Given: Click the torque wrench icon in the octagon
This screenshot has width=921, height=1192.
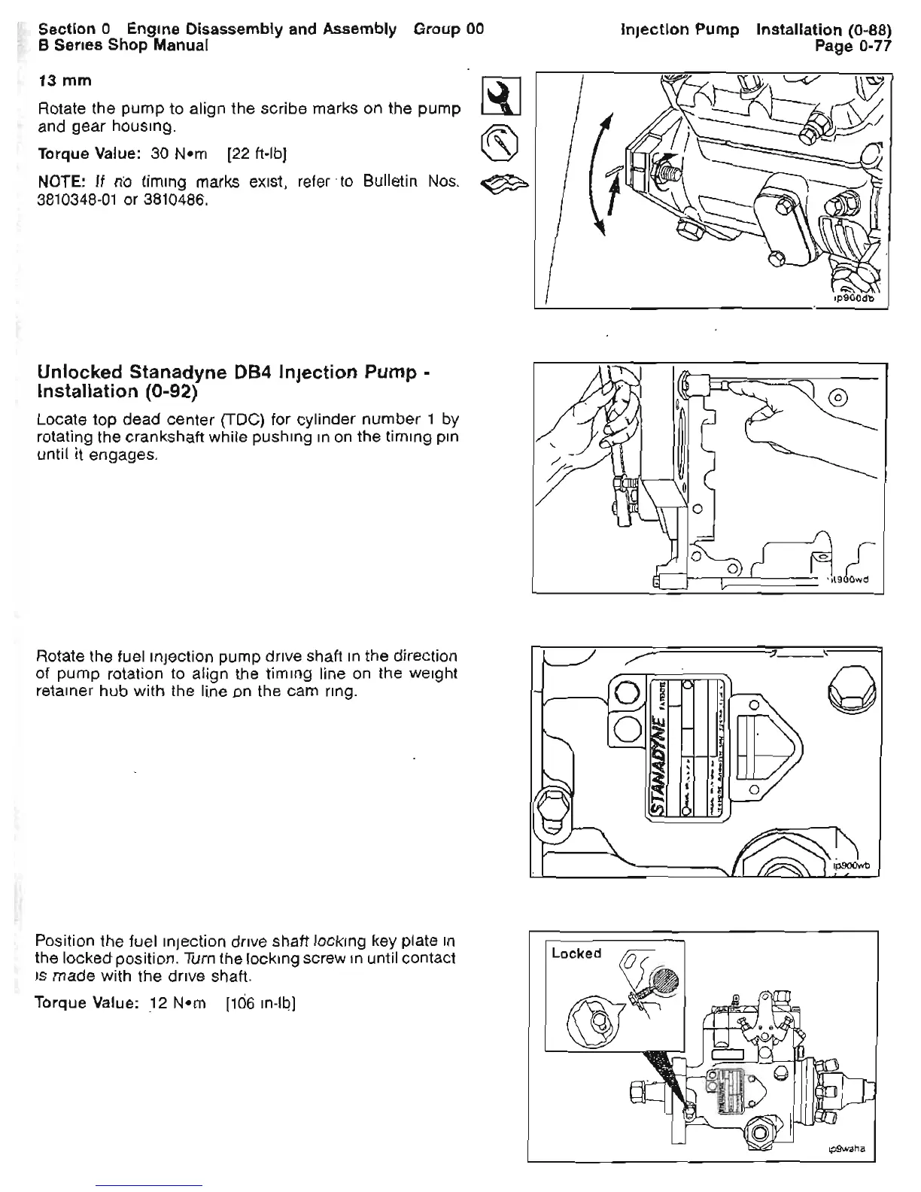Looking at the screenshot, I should [x=497, y=141].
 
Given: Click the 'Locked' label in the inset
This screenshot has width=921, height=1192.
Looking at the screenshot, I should [x=576, y=953].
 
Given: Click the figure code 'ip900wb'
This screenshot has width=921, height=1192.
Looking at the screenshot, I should [x=851, y=865].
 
